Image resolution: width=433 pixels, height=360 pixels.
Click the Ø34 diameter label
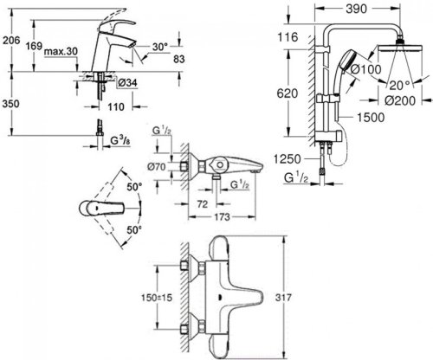coord(125,82)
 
